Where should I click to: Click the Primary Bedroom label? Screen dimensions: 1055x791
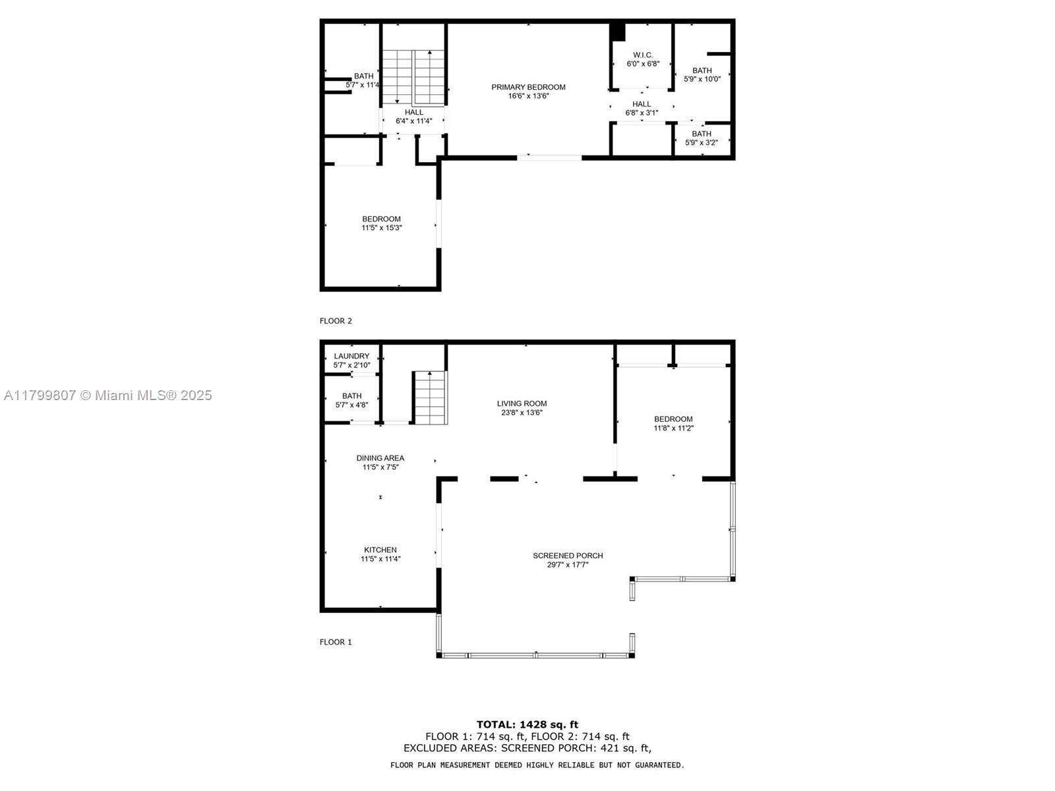(x=528, y=87)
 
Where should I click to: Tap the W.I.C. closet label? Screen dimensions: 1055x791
(x=643, y=55)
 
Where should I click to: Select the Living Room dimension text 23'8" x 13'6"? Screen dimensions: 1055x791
(x=522, y=413)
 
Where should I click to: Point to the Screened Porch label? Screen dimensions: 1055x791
(x=568, y=556)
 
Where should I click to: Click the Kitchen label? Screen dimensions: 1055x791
(x=380, y=550)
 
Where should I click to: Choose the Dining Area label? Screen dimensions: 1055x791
(x=380, y=458)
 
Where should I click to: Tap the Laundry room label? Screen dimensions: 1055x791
(x=351, y=357)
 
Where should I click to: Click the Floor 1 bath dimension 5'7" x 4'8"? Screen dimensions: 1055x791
(x=352, y=405)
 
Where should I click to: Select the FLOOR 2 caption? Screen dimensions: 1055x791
(x=336, y=321)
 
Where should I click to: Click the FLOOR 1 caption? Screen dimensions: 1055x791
(x=336, y=642)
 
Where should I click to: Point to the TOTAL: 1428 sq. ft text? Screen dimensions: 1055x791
(x=527, y=724)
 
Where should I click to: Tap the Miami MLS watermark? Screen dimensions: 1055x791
(x=107, y=395)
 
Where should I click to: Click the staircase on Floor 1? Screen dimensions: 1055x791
(x=431, y=397)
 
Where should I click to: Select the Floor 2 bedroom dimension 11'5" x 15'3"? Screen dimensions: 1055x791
(x=382, y=227)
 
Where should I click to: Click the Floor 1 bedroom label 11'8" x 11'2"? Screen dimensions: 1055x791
(x=673, y=428)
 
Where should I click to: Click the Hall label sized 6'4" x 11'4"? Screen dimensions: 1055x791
(x=414, y=117)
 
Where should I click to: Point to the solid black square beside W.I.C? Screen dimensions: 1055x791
(x=618, y=32)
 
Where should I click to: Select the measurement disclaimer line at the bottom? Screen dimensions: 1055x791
(x=537, y=765)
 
